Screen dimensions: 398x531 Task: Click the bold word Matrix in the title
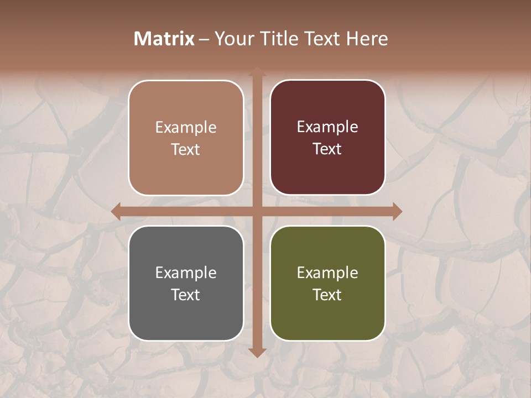click(164, 39)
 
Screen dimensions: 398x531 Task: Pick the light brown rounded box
click(186, 138)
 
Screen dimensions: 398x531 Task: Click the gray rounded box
click(186, 283)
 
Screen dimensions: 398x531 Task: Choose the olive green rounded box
click(327, 283)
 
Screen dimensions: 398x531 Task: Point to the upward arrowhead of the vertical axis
click(257, 72)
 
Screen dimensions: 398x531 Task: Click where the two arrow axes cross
click(257, 211)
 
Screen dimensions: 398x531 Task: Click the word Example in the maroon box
click(327, 127)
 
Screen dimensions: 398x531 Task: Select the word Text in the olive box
click(327, 295)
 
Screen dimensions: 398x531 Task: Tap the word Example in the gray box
click(186, 273)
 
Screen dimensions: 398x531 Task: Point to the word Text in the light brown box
click(186, 149)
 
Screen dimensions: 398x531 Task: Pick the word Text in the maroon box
click(327, 149)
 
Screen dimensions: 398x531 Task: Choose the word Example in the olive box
click(327, 273)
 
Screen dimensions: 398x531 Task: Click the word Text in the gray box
click(186, 295)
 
